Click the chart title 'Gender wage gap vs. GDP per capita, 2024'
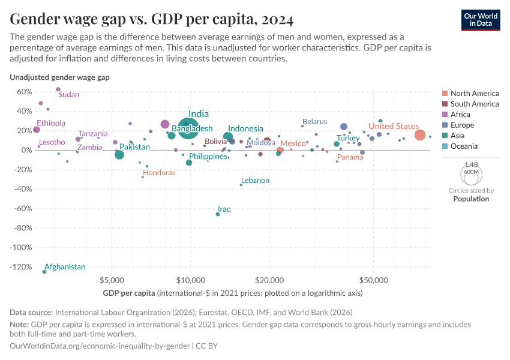click(152, 20)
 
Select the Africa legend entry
click(460, 115)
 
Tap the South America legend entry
click(474, 104)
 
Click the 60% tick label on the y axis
click(24, 91)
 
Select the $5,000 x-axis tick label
click(112, 280)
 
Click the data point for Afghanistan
click(44, 272)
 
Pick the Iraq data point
click(218, 214)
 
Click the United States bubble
click(419, 135)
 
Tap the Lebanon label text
click(255, 181)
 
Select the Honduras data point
click(143, 177)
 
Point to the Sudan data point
click(58, 89)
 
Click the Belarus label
click(314, 122)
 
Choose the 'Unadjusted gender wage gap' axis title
click(59, 77)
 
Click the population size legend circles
click(471, 175)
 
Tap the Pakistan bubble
click(119, 155)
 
